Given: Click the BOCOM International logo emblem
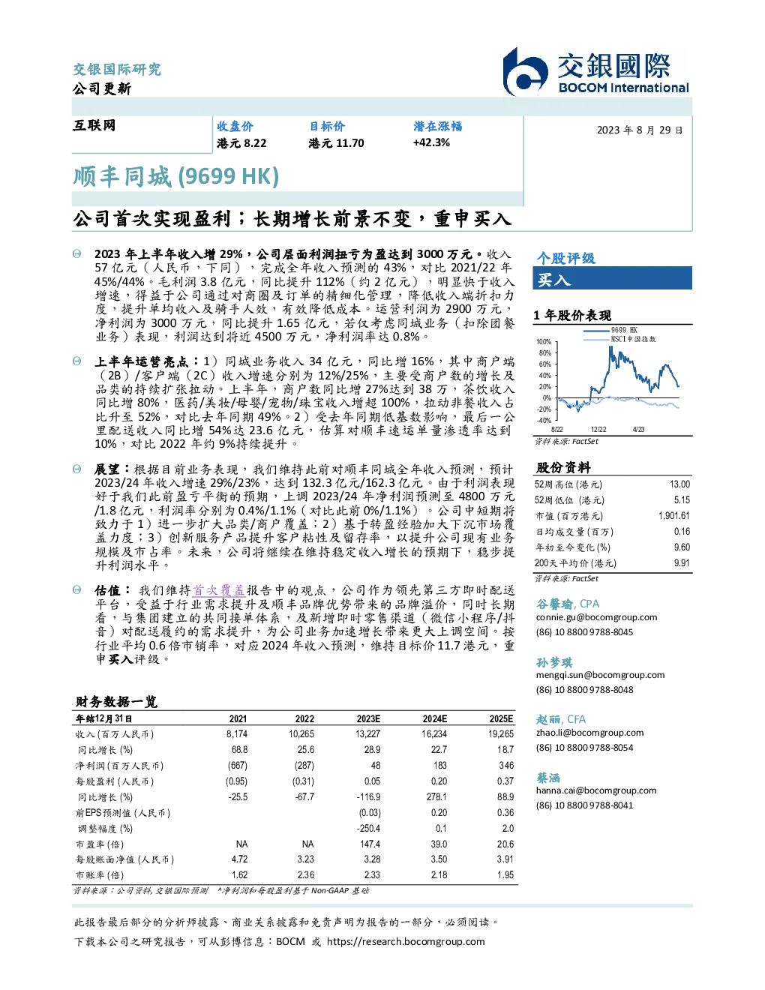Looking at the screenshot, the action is (x=525, y=72).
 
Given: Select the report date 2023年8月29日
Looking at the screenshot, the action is (x=640, y=130).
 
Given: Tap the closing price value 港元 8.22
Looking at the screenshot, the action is (x=241, y=143).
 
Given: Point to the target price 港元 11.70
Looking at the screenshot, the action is (x=336, y=143).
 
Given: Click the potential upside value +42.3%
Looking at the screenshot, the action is (x=431, y=142).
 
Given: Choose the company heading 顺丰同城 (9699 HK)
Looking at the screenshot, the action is (x=175, y=176).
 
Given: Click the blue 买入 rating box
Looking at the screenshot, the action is (x=612, y=278).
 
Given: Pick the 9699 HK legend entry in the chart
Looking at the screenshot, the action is (x=611, y=330).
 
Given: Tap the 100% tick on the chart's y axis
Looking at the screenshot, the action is (x=544, y=342).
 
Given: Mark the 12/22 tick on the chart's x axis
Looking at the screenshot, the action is (x=598, y=429).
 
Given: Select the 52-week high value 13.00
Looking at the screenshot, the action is (x=679, y=484).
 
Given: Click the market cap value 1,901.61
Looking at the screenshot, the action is (x=673, y=516).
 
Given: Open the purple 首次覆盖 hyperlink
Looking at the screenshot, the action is (x=219, y=590).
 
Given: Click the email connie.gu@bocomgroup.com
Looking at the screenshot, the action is (x=596, y=617).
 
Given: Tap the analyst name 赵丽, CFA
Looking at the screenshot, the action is (x=561, y=719).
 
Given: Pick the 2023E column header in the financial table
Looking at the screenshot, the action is (x=368, y=719).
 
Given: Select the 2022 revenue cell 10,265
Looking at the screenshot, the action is (x=301, y=734).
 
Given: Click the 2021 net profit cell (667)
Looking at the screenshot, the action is (x=238, y=766).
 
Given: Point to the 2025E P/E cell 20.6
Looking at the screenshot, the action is (x=505, y=844).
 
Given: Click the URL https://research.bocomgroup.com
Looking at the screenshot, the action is (x=406, y=942).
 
